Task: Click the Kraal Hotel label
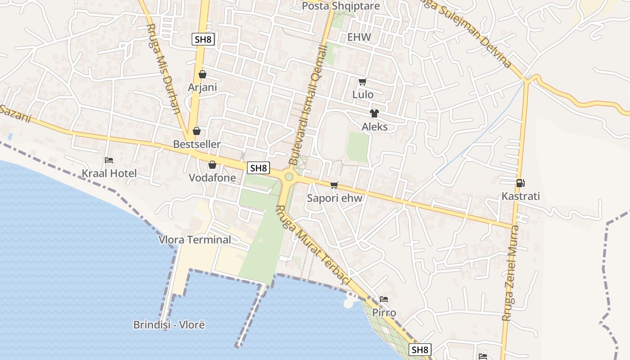coord(109,173)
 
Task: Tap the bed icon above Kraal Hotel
coord(109,160)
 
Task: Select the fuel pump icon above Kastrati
coord(521,183)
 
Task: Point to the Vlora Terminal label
coord(195,239)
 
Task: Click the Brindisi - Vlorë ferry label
coord(169,324)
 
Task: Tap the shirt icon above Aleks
coord(374,113)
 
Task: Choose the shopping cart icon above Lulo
coord(362,81)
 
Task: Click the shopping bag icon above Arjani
coord(202,74)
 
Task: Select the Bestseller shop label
coord(197,144)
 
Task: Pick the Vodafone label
coord(212,178)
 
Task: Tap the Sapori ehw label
coord(334,198)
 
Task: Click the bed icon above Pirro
coord(383,299)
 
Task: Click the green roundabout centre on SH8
coord(288,177)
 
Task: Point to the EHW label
coord(359,37)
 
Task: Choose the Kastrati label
coord(521,196)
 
